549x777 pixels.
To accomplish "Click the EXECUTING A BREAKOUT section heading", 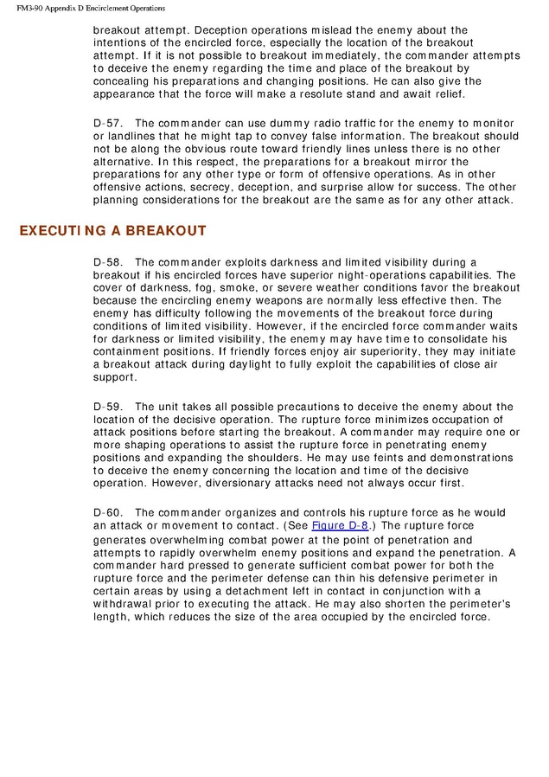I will click(x=112, y=231).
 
